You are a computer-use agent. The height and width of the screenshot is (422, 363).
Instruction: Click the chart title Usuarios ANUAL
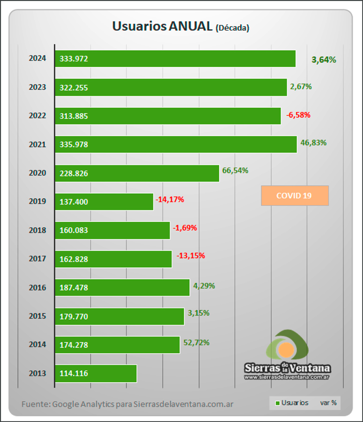[162, 26]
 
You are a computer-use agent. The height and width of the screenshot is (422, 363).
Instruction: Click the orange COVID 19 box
[295, 196]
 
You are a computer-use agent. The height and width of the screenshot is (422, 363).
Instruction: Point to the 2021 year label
[37, 144]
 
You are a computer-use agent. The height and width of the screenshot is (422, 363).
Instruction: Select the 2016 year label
[37, 287]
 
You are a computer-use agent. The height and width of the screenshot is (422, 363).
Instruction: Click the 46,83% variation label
[313, 143]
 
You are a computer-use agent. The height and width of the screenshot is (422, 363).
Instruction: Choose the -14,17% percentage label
[170, 199]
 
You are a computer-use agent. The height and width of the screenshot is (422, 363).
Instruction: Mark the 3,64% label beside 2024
[324, 60]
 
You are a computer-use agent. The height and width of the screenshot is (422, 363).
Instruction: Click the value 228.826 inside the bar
[74, 173]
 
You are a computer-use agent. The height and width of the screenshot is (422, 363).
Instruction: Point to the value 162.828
[74, 259]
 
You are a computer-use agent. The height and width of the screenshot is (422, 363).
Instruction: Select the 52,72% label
[196, 342]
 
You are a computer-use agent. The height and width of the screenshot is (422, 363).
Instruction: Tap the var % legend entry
[328, 403]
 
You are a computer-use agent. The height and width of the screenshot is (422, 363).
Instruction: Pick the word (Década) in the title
[232, 28]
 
